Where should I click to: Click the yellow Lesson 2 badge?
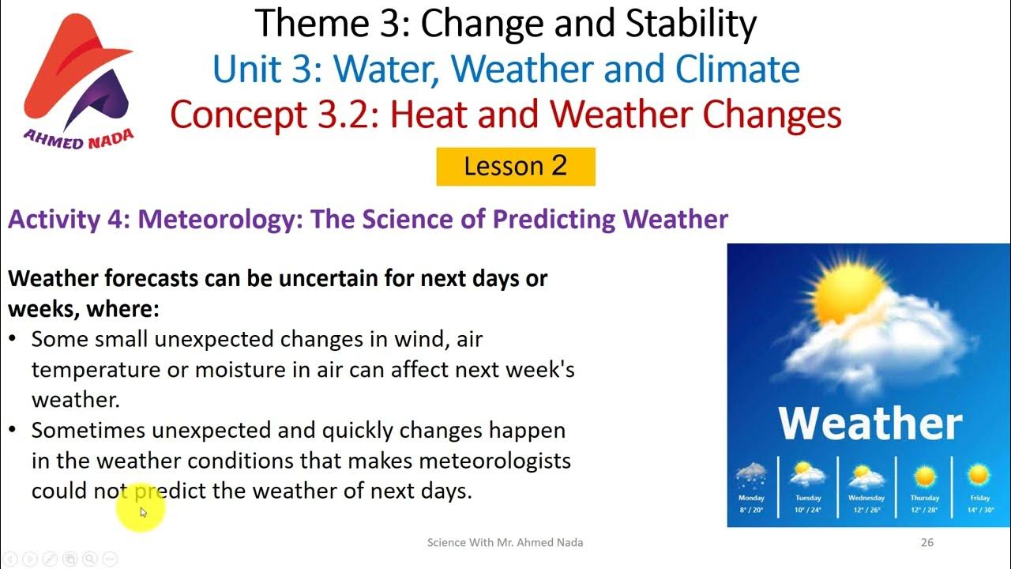(x=515, y=167)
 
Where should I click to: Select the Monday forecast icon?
(x=751, y=477)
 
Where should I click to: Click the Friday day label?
(x=980, y=498)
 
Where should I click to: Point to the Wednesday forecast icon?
(x=866, y=477)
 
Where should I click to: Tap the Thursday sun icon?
(x=924, y=477)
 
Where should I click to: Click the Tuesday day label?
(x=808, y=498)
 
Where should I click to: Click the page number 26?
(x=927, y=542)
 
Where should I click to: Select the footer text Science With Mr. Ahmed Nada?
(x=505, y=542)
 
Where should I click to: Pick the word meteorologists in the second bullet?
(x=494, y=460)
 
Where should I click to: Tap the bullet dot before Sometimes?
(x=13, y=431)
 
